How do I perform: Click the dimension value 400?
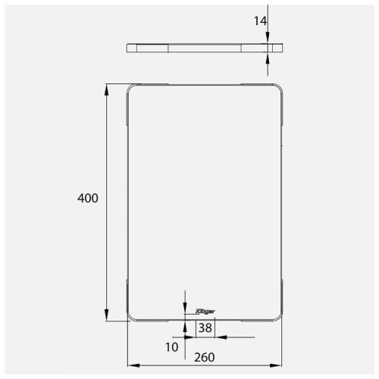pos(88,198)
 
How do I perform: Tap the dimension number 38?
pos(205,328)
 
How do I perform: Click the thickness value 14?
pos(260,22)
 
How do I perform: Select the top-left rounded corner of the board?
pos(130,88)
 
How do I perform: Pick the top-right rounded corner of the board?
pos(280,88)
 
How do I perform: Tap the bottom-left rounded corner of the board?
pos(130,317)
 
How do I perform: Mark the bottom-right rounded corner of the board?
pos(280,317)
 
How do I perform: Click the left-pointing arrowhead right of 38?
pos(220,337)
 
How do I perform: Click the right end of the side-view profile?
pos(283,48)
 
